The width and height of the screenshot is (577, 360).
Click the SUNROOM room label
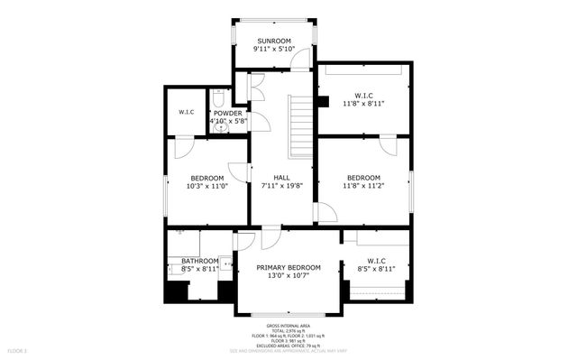273,42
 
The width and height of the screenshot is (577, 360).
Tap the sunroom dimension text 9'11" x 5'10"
273,51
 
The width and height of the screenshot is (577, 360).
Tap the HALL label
282,178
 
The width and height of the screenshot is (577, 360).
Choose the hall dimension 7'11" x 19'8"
282,187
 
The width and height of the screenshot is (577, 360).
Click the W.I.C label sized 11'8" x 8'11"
363,95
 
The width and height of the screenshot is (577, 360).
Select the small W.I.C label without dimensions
187,112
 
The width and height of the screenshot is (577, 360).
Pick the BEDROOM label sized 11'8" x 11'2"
363,178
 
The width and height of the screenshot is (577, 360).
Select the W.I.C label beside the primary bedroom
376,261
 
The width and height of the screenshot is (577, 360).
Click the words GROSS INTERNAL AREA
288,326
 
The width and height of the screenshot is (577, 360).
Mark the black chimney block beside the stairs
321,102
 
